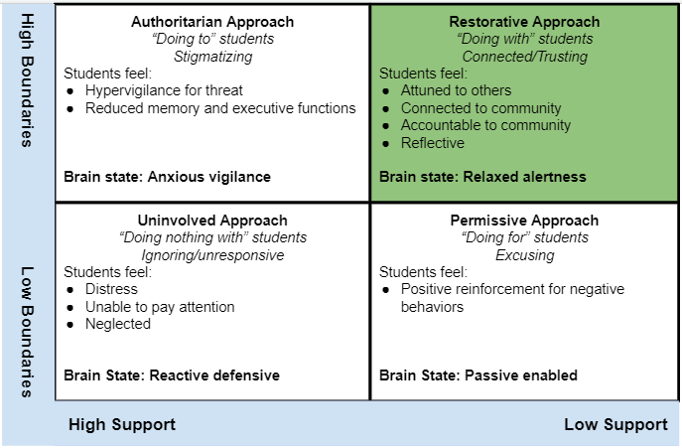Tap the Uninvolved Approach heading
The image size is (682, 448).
[212, 221]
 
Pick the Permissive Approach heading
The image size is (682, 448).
[524, 221]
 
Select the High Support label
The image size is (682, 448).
[122, 424]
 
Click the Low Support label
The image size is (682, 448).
[615, 424]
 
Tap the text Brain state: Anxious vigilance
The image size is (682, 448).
[167, 177]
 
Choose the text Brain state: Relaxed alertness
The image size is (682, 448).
[482, 177]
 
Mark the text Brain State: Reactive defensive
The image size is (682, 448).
[172, 375]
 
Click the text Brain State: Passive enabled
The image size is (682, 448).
[478, 375]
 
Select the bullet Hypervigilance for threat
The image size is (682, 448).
[164, 90]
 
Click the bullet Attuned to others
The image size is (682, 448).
[456, 90]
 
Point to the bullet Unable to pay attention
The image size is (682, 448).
[160, 307]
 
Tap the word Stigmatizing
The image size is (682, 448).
[212, 57]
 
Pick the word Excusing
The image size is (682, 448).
[524, 255]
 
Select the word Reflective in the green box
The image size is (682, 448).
[433, 143]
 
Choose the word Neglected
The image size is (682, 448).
[117, 324]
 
